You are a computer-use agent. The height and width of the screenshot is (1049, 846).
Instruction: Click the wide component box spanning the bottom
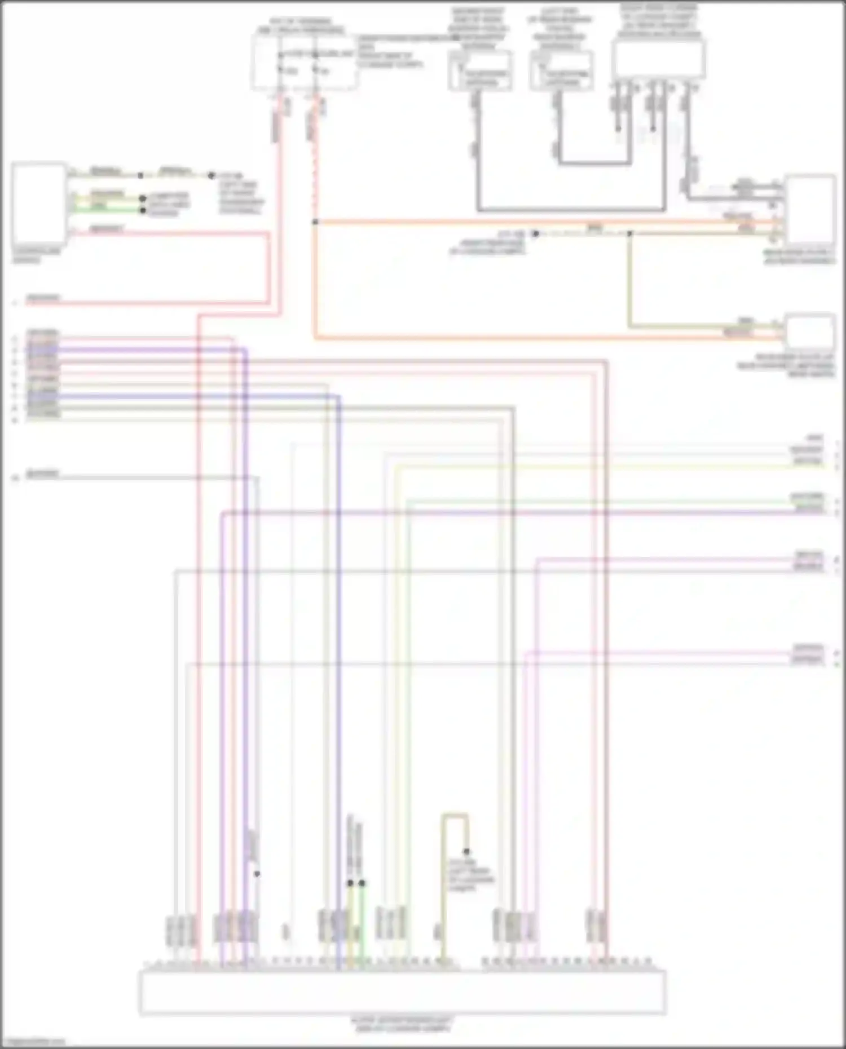(402, 992)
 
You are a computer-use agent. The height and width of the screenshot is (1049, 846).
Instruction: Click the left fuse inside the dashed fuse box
(280, 69)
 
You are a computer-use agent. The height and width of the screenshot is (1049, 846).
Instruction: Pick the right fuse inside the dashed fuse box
(316, 69)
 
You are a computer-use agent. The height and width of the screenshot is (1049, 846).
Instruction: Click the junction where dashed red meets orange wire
(315, 222)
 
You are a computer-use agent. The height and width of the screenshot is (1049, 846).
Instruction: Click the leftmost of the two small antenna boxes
(480, 71)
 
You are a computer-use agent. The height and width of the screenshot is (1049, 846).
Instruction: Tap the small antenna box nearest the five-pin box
(561, 71)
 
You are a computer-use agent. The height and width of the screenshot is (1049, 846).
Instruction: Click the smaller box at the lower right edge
(810, 331)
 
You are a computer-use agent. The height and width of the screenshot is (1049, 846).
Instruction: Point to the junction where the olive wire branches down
(629, 233)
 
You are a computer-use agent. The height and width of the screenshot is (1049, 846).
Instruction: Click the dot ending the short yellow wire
(143, 199)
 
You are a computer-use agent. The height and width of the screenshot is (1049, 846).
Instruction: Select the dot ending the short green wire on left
(143, 210)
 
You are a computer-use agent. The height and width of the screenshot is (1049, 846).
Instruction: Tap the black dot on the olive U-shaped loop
(466, 851)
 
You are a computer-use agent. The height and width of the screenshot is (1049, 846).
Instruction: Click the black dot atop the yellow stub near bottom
(350, 883)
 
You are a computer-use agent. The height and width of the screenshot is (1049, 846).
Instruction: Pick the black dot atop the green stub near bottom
(362, 883)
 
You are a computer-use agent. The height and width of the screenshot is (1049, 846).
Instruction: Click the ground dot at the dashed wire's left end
(536, 233)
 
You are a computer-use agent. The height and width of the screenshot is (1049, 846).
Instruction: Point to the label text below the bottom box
(402, 1024)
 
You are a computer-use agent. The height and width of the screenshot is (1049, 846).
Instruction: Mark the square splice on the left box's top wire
(140, 175)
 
